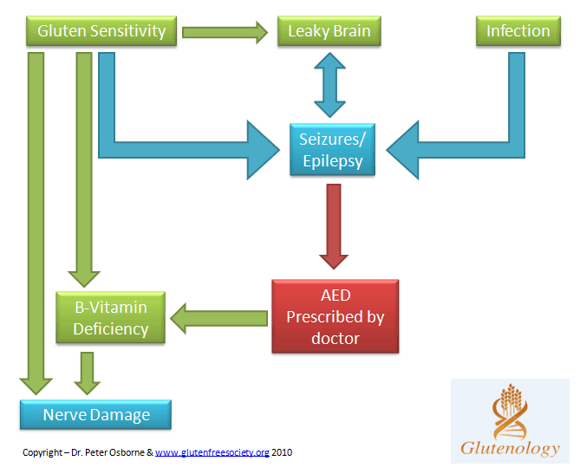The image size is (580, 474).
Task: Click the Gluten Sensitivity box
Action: click(x=102, y=31)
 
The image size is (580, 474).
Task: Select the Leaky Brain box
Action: click(x=329, y=31)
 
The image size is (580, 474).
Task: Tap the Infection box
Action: click(x=518, y=31)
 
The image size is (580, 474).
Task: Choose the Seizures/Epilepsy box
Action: click(x=331, y=150)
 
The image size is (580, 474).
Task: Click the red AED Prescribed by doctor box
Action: click(x=335, y=316)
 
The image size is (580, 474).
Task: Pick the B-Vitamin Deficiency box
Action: click(x=110, y=318)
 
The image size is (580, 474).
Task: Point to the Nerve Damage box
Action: click(x=96, y=415)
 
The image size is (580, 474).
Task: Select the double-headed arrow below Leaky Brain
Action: click(x=330, y=83)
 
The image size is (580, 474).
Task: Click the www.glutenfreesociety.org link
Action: click(x=212, y=452)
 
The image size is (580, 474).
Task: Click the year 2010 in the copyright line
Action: click(x=283, y=452)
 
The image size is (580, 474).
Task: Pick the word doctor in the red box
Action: click(x=335, y=338)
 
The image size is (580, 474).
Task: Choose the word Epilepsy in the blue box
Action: click(x=331, y=160)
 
